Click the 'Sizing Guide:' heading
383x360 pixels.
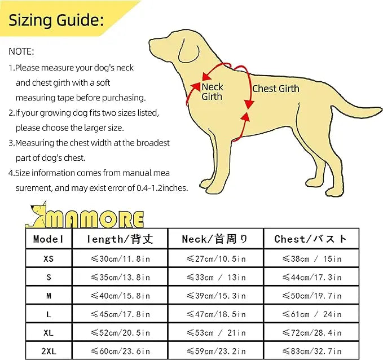tap(56, 20)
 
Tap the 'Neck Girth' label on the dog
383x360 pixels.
tap(212, 91)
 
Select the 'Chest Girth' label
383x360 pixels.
tap(275, 89)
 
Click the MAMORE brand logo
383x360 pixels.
tap(87, 214)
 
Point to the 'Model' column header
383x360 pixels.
tap(49, 239)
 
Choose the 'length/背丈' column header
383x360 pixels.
tap(120, 239)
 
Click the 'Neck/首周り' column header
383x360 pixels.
tap(215, 239)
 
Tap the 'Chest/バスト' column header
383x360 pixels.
tap(311, 239)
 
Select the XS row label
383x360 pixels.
tap(49, 258)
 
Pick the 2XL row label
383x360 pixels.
tap(49, 350)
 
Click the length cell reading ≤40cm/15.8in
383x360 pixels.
tap(120, 296)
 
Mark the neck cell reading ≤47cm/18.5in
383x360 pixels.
tap(215, 314)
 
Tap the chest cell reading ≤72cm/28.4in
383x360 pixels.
tap(311, 333)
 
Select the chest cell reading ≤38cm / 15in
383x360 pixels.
tap(311, 259)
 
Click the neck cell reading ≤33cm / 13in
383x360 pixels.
tap(215, 277)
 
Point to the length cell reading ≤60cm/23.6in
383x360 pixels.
tap(120, 350)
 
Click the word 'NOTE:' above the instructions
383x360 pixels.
tap(21, 51)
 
